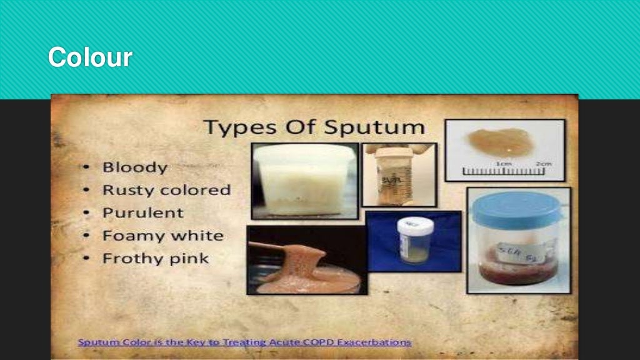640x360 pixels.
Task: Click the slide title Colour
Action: coord(89,57)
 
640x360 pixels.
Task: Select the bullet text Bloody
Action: coord(134,167)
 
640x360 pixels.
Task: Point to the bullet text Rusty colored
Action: coord(166,190)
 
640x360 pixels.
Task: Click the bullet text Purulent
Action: coord(142,212)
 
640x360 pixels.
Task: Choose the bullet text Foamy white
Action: coord(162,236)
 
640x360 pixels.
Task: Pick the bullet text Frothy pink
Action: coord(156,258)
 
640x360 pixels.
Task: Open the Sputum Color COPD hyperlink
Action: coord(244,342)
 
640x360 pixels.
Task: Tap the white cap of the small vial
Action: coord(415,224)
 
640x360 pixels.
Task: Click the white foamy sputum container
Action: coord(304,181)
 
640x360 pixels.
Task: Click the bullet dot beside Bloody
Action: coord(87,168)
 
